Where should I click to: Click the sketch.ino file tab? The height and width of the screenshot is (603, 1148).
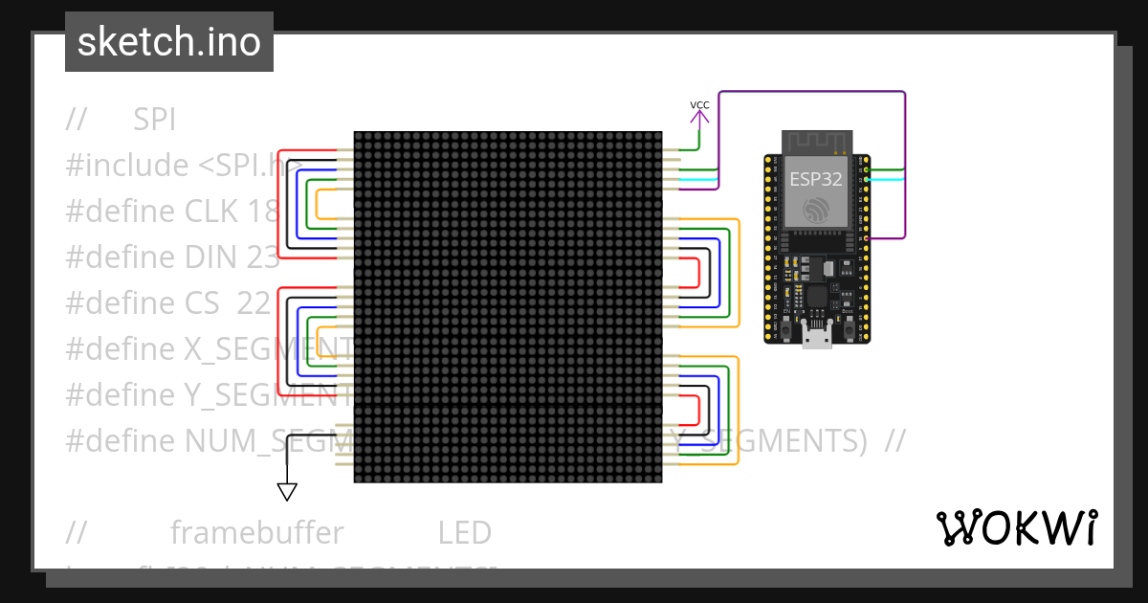click(169, 42)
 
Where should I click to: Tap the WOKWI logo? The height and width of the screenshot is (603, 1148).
click(1016, 527)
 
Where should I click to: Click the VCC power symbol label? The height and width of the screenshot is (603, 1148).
click(699, 104)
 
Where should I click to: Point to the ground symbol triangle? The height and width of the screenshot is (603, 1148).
click(286, 492)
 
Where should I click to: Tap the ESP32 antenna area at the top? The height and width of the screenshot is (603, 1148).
click(816, 143)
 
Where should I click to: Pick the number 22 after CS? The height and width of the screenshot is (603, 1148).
click(254, 302)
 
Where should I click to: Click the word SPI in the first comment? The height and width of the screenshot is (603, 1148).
click(154, 120)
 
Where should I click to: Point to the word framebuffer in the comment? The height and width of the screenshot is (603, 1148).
click(256, 532)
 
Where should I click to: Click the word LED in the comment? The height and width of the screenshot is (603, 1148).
click(465, 532)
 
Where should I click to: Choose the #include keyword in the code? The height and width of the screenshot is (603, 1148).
click(127, 166)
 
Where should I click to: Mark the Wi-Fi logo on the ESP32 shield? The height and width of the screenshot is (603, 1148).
click(816, 210)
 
